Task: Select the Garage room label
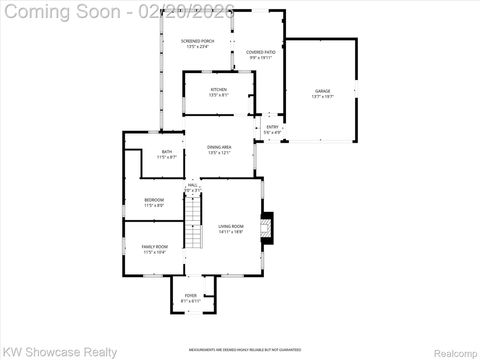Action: [323, 92]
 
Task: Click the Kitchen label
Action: [218, 91]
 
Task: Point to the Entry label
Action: [272, 128]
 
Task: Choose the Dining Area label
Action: [218, 149]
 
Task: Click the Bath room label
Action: [167, 153]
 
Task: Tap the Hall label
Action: [192, 185]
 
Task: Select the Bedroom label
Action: [153, 201]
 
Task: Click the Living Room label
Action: [231, 226]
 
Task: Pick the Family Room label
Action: [154, 246]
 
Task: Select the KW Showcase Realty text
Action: [60, 352]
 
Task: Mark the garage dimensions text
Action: [323, 97]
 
